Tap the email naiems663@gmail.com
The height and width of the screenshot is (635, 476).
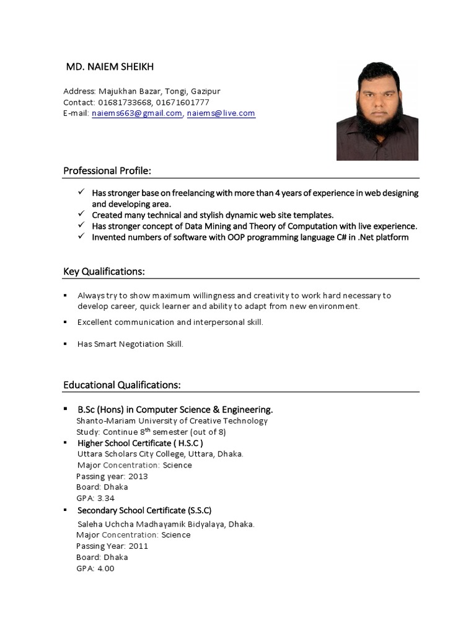click(x=136, y=113)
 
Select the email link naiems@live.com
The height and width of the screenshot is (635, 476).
click(x=221, y=113)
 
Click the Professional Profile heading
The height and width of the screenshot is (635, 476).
click(x=107, y=171)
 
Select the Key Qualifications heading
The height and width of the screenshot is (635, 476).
click(x=104, y=272)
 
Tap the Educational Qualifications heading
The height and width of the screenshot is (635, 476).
click(x=122, y=385)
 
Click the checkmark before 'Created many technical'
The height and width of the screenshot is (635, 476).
click(x=81, y=215)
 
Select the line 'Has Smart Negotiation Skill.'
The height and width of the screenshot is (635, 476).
click(x=130, y=344)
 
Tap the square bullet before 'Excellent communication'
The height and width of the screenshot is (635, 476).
click(x=65, y=322)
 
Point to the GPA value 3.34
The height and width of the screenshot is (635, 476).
click(x=105, y=499)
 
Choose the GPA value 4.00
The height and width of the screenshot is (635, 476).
click(x=105, y=569)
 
